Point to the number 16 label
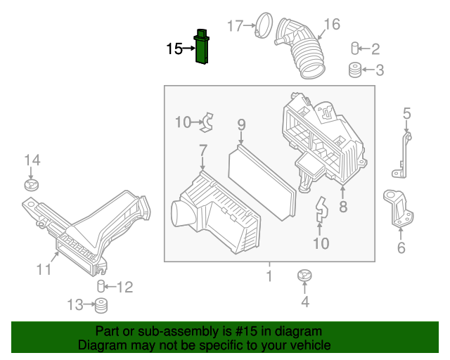point(331,25)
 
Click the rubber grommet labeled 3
point(356,70)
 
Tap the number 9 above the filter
point(241,125)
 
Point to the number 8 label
point(343,207)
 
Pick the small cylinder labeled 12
point(102,285)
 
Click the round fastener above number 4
point(304,275)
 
